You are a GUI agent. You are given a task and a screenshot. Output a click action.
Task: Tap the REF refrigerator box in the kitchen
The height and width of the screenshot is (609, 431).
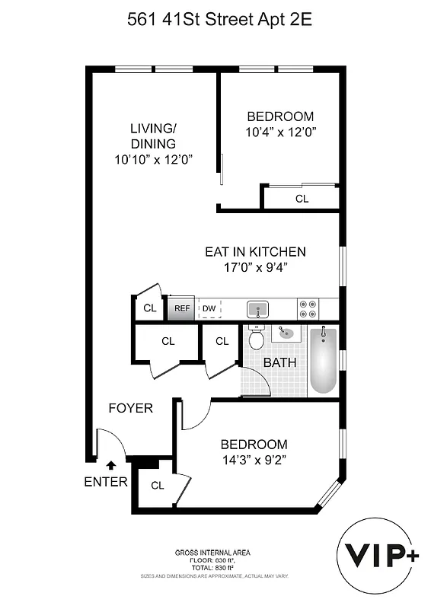pyautogui.click(x=181, y=308)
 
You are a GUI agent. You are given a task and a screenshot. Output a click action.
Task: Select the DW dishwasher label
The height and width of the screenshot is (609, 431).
pyautogui.click(x=209, y=308)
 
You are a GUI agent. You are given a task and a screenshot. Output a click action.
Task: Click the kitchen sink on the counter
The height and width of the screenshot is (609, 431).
pyautogui.click(x=257, y=309)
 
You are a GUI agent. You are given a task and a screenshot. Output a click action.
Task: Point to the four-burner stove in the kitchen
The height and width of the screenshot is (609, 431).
pyautogui.click(x=308, y=308)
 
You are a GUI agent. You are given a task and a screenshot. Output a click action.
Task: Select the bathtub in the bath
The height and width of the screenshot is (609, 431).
pyautogui.click(x=323, y=360)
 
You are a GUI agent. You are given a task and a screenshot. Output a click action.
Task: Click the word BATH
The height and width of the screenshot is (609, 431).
pyautogui.click(x=279, y=363)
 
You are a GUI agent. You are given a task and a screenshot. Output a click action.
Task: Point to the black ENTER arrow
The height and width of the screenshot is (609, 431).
pyautogui.click(x=111, y=463)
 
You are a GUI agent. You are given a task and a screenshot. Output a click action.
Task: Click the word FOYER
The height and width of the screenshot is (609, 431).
pyautogui.click(x=130, y=408)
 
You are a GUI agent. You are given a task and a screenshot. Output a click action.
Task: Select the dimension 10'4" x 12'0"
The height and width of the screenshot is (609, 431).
pyautogui.click(x=280, y=132)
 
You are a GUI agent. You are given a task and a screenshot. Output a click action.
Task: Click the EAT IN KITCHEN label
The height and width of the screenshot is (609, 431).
pyautogui.click(x=255, y=252)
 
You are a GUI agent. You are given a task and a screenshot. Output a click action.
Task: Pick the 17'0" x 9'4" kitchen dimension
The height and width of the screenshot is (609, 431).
pyautogui.click(x=255, y=267)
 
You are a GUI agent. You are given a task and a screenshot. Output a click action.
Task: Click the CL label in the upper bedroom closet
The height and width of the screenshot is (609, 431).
pyautogui.click(x=302, y=199)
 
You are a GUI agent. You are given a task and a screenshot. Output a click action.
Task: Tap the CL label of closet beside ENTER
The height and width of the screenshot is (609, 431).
pyautogui.click(x=157, y=485)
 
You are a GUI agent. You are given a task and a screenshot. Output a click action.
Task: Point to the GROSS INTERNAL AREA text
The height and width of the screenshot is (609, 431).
pyautogui.click(x=212, y=552)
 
